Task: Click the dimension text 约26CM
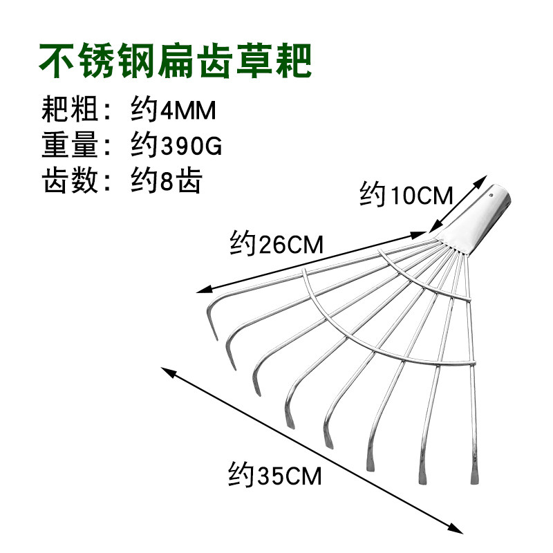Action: (276, 243)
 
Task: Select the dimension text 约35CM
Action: (274, 476)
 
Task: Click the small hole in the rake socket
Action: (492, 196)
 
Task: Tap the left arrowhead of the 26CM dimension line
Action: (200, 291)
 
